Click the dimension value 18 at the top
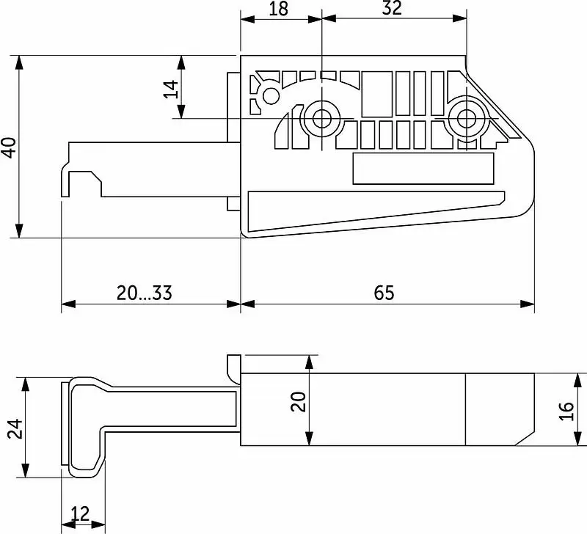point(279,8)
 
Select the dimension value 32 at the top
point(392,8)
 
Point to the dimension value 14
point(171,89)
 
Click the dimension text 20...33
point(144,293)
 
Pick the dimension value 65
point(384,293)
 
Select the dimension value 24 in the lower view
point(15,429)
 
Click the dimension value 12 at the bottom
point(80,513)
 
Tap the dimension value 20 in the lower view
point(299,401)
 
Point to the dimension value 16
point(566,411)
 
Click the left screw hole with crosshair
point(321,119)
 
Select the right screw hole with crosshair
point(467,119)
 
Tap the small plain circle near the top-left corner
point(271,96)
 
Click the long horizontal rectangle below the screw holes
point(423,169)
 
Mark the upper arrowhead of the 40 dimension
point(19,62)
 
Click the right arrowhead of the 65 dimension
point(528,304)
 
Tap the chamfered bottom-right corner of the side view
point(525,438)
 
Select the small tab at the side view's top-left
point(233,369)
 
